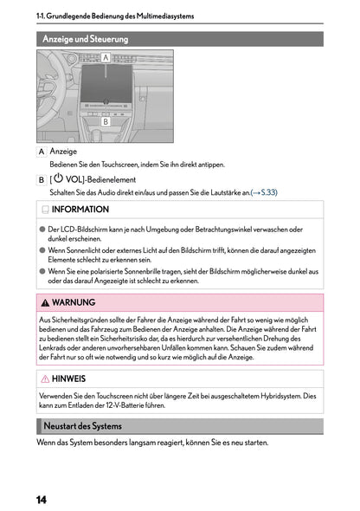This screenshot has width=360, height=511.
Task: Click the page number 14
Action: point(42,500)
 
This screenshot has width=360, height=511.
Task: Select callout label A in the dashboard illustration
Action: point(106,57)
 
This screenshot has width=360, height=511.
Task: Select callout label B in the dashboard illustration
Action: point(106,122)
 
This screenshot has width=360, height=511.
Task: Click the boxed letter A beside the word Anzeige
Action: point(42,152)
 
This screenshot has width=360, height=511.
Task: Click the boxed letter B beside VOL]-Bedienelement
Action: point(42,179)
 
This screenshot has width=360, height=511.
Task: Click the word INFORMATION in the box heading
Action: point(80,210)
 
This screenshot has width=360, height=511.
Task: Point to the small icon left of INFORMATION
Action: point(44,210)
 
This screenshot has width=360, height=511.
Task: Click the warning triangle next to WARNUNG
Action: point(44,303)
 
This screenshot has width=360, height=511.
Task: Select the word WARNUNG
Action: point(74,303)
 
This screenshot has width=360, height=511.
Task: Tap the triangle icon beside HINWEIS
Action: point(44,379)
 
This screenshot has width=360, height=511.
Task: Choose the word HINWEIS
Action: point(68,379)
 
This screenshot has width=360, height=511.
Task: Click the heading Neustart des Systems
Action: point(83,426)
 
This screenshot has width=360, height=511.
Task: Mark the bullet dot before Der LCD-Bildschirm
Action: point(42,230)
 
